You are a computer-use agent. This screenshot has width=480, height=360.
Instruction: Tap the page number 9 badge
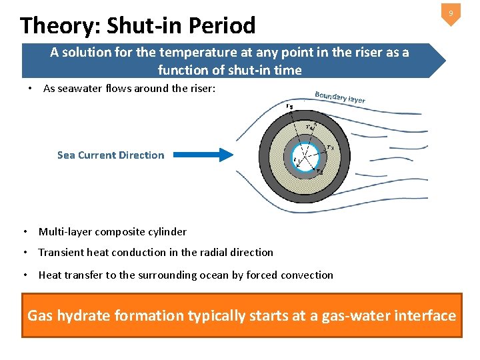click(x=451, y=14)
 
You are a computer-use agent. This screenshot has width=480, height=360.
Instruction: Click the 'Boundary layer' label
click(x=339, y=97)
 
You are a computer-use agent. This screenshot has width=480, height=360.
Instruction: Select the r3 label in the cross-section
click(x=330, y=147)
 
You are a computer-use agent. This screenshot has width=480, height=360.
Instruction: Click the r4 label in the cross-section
click(x=310, y=127)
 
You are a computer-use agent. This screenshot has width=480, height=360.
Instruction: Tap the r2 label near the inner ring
click(x=320, y=171)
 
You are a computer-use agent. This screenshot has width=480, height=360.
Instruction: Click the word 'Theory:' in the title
click(x=58, y=25)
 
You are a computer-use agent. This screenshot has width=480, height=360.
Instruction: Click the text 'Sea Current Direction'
click(x=111, y=155)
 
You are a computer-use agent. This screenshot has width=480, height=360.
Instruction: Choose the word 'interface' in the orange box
click(x=425, y=315)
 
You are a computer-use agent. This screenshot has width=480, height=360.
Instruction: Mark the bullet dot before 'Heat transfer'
click(x=25, y=275)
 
